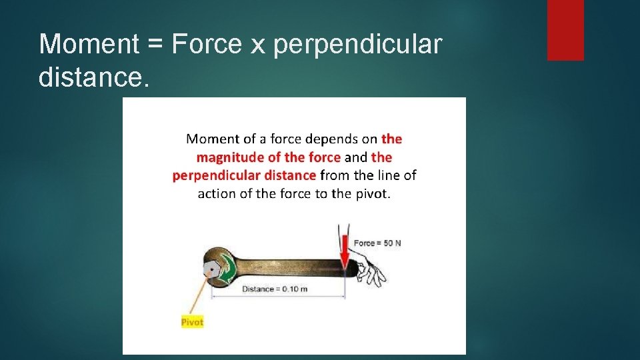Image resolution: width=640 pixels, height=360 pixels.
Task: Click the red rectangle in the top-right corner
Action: (x=565, y=30)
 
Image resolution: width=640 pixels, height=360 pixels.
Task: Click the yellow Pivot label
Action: (x=192, y=322)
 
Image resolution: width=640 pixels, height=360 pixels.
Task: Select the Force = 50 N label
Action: (x=377, y=243)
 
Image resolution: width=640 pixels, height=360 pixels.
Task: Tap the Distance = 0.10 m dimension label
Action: (x=275, y=289)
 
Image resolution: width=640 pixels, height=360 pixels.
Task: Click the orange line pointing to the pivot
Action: (x=199, y=293)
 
